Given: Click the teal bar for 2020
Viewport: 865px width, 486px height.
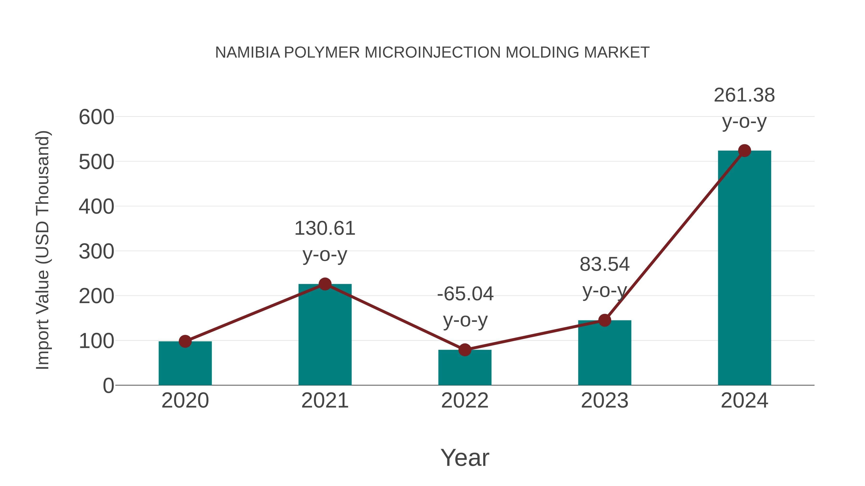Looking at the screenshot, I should [185, 364].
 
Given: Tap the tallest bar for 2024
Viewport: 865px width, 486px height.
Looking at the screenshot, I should [744, 268].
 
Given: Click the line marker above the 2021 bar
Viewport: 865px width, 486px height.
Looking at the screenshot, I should [325, 284].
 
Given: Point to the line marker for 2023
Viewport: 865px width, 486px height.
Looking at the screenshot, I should [605, 320].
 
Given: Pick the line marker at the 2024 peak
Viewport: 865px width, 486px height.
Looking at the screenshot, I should [744, 150].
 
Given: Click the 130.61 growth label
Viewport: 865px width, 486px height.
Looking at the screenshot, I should [325, 228].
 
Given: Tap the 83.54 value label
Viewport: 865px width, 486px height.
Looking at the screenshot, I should [605, 264].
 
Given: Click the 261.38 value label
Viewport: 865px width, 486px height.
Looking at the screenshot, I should [744, 95].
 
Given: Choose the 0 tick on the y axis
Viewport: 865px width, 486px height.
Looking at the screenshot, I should [108, 386].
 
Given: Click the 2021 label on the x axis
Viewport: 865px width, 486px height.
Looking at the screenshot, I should [325, 401].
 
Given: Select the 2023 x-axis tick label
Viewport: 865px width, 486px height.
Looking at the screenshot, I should [605, 401].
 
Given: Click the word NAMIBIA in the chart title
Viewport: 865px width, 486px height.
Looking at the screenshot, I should [247, 53].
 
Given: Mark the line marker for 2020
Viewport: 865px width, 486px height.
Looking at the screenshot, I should [185, 342].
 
